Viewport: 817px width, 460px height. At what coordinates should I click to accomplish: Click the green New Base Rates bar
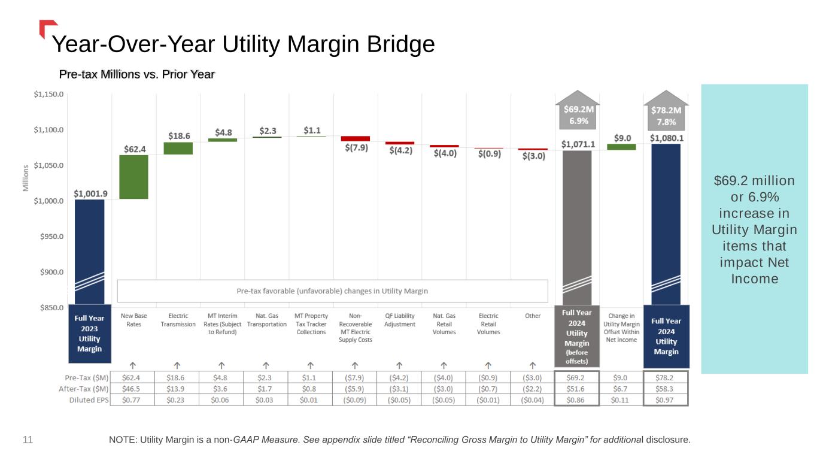pyautogui.click(x=133, y=177)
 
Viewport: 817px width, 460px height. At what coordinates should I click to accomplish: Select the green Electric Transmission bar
pyautogui.click(x=178, y=148)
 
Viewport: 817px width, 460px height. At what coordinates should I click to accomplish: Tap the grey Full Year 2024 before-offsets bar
pyautogui.click(x=577, y=228)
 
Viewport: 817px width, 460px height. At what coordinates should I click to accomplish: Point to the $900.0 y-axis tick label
pyautogui.click(x=50, y=272)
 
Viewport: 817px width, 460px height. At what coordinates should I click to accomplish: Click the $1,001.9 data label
pyautogui.click(x=90, y=193)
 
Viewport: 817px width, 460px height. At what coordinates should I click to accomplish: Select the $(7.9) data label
pyautogui.click(x=356, y=148)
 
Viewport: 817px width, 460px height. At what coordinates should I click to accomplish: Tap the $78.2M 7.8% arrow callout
pyautogui.click(x=666, y=114)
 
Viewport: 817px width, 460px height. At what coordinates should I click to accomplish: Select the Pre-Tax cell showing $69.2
pyautogui.click(x=576, y=378)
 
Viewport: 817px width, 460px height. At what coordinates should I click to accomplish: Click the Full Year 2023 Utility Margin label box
pyautogui.click(x=89, y=334)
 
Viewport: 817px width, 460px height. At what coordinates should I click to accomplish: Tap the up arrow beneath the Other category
pyautogui.click(x=533, y=364)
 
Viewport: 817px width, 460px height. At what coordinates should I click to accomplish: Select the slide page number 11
pyautogui.click(x=28, y=440)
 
